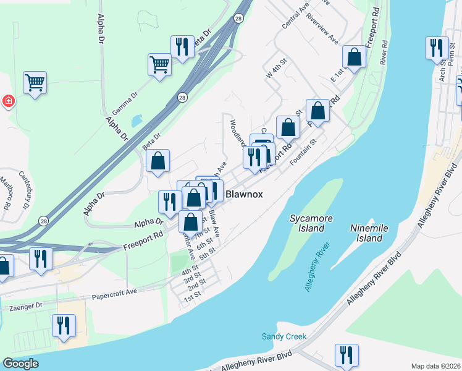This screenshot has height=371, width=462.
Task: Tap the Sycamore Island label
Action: (307, 223)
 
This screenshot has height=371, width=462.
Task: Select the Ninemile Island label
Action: (369, 233)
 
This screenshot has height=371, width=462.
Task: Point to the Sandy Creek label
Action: (283, 337)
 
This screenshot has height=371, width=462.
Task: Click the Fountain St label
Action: (303, 151)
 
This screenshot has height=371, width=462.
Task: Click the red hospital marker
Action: (8, 100)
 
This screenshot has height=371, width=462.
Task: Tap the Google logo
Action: (20, 364)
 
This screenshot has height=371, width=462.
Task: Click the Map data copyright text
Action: (435, 366)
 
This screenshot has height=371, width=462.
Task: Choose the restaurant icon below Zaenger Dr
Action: (64, 325)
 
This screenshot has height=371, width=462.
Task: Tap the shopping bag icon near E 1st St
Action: (355, 57)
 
